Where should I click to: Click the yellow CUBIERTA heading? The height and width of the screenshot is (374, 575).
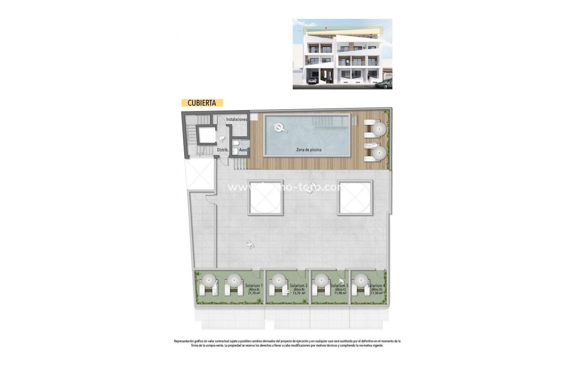point(202,103)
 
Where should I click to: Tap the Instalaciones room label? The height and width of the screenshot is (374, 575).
point(237,119)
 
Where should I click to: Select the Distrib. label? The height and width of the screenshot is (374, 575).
point(223,150)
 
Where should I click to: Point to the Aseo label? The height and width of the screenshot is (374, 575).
point(243,150)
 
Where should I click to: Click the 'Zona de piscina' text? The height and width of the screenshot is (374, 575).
point(309,150)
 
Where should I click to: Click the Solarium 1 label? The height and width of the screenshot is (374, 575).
point(254,286)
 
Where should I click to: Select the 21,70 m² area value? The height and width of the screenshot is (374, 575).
point(254,293)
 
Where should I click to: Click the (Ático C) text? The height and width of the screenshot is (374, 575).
point(339,290)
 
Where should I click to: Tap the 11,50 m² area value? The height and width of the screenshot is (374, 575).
point(376,293)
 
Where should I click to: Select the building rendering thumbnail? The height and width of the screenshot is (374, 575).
point(342,54)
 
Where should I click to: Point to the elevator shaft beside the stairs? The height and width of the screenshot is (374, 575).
point(205,135)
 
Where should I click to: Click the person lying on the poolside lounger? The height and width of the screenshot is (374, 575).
point(370,145)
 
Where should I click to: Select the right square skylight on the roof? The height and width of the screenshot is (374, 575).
point(355,198)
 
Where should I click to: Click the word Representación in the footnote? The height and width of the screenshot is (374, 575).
point(186,341)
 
